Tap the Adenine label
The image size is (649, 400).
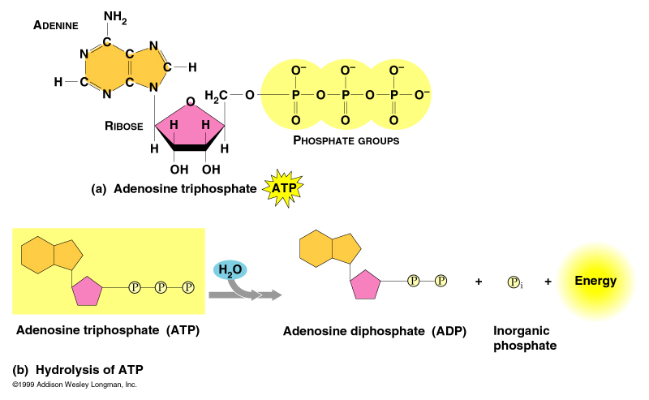click(55, 25)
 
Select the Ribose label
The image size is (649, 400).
click(123, 126)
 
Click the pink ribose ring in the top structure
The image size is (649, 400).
click(188, 127)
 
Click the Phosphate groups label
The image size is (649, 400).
click(346, 140)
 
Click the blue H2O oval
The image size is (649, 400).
click(230, 270)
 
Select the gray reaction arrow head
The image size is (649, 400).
click(274, 295)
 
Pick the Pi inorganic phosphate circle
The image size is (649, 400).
click(514, 282)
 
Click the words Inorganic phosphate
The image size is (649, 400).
click(524, 338)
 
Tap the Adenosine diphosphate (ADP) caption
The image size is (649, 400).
click(374, 331)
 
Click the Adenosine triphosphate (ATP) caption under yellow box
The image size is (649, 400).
click(107, 330)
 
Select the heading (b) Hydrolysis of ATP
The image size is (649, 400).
click(77, 368)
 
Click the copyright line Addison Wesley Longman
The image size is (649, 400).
click(75, 384)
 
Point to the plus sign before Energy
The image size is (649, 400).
click(548, 282)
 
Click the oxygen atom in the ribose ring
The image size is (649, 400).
click(189, 102)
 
